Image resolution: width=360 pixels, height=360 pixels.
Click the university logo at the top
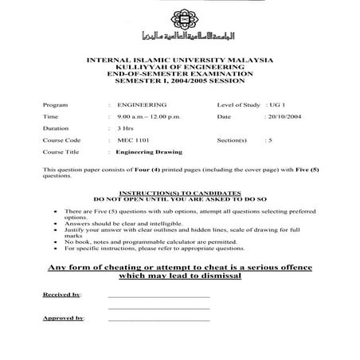[x=180, y=25]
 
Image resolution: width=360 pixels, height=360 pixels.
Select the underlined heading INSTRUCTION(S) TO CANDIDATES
[x=179, y=193]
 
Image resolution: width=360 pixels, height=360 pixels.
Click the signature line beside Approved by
[x=158, y=319]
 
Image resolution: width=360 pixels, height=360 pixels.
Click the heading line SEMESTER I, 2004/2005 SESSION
[x=180, y=80]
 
